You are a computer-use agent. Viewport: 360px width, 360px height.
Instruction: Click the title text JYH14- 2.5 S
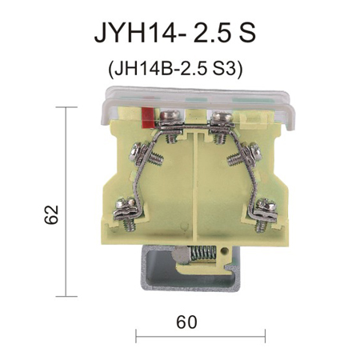pos(175,33)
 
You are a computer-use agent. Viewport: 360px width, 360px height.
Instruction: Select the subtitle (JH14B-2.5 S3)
pos(175,70)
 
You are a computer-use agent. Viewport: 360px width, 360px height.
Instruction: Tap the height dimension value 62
pos(51,214)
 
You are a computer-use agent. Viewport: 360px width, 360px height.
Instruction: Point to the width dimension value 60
pos(186,322)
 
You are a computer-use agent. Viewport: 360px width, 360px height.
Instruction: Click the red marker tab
pos(149,117)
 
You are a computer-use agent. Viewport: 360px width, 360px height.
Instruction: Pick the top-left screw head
pos(170,116)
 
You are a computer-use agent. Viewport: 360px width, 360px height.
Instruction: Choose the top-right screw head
pos(222,117)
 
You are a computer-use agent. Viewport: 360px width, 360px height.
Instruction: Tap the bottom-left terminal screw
pos(126,214)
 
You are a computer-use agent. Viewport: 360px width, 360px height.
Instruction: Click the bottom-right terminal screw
pos(265,214)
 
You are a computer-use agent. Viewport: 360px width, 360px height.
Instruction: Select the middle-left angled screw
pos(145,154)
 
